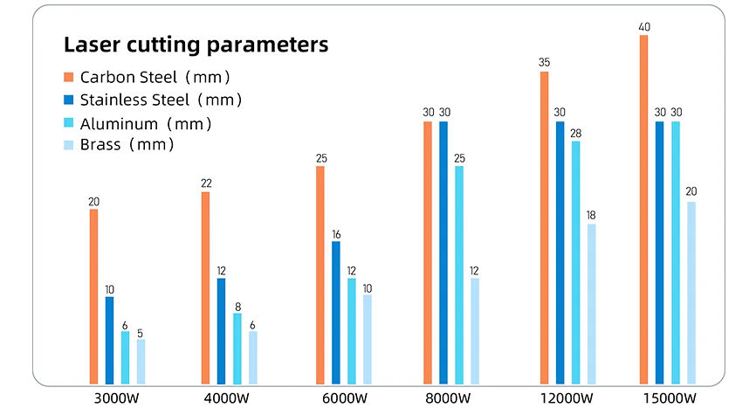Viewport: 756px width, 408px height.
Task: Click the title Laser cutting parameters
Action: click(x=196, y=45)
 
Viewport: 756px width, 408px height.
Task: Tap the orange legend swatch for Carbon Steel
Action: click(x=69, y=77)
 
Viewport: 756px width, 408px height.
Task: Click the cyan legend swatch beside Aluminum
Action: click(x=69, y=123)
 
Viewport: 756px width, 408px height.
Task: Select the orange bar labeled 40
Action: click(x=644, y=210)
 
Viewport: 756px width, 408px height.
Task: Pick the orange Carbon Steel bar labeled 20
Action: click(x=93, y=296)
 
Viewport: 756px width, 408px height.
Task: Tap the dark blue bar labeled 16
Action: click(x=336, y=312)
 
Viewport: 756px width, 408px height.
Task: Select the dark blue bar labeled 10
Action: click(x=109, y=340)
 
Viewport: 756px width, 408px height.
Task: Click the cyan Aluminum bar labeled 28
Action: click(x=576, y=262)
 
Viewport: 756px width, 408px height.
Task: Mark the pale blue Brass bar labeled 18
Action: click(x=592, y=303)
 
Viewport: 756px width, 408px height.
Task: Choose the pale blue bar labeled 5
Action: click(x=141, y=361)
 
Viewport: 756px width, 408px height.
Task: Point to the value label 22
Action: click(x=205, y=183)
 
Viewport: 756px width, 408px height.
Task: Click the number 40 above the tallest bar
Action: click(x=644, y=27)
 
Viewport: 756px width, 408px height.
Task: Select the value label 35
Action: click(x=545, y=63)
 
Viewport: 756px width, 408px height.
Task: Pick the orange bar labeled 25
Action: click(x=320, y=274)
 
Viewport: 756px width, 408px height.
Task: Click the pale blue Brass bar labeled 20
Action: click(x=691, y=293)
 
